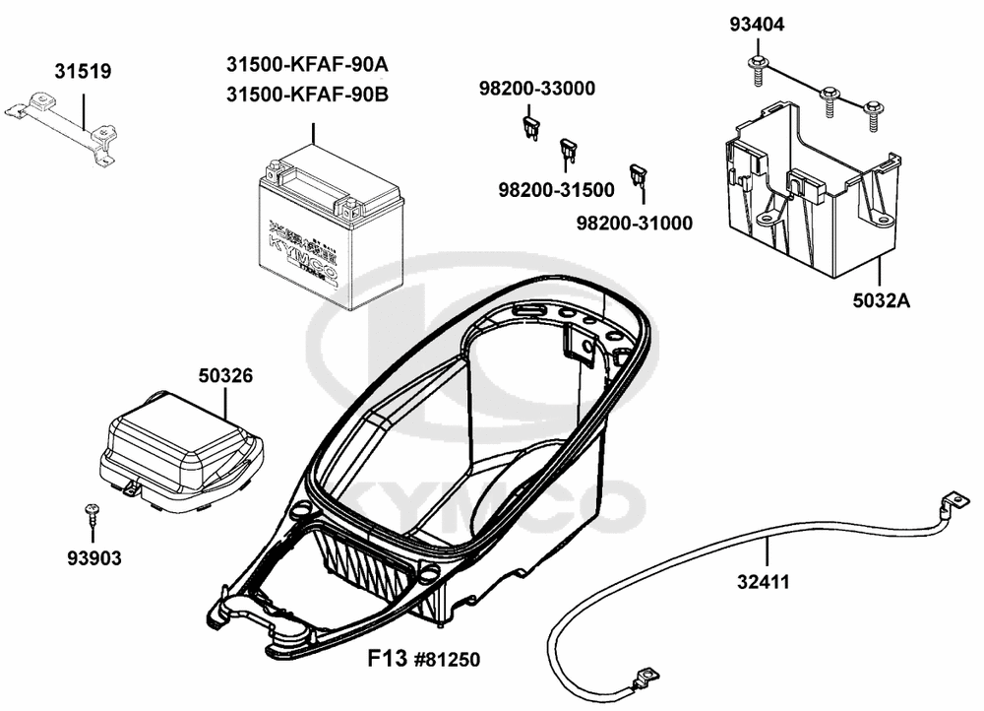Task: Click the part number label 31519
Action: tap(83, 71)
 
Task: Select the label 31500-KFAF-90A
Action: tap(307, 66)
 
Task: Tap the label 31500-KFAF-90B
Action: tap(307, 95)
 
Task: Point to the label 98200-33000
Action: tap(537, 90)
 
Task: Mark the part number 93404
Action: tap(757, 25)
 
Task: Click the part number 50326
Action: tap(225, 375)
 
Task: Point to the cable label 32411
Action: tap(763, 582)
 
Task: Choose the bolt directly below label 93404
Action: tap(759, 66)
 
